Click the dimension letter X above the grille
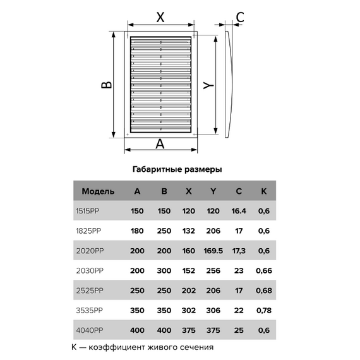coord(160,17)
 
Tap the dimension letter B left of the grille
coord(107,85)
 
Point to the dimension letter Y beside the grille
coord(208,85)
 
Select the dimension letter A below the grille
coord(160,144)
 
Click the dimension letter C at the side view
coord(240,17)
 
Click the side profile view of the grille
coord(229,84)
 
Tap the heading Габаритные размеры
coord(177,169)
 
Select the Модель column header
coord(98,191)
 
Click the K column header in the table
coord(264,191)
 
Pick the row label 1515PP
coord(88,211)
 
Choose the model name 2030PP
coord(90,271)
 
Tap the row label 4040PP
coord(90,330)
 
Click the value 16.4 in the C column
coord(239,211)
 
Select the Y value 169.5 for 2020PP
coord(213,251)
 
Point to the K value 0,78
coord(264,310)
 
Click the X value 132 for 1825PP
coord(188,231)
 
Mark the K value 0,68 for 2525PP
coord(264,291)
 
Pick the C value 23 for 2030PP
coord(239,271)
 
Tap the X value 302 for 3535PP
coord(189,310)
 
